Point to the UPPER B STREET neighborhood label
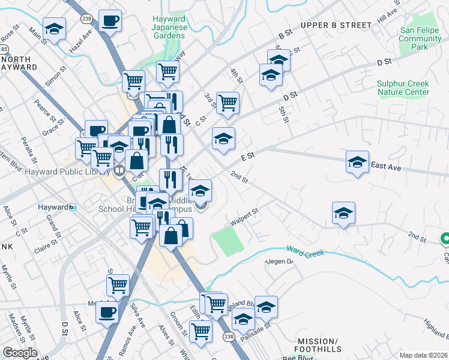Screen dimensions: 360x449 tap(337, 25)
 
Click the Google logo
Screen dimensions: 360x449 tap(20, 353)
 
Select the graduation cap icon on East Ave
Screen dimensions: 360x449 tap(357, 161)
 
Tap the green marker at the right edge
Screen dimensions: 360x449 tap(445, 239)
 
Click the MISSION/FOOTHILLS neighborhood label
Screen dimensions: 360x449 tap(318, 345)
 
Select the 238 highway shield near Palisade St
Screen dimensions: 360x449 tap(228, 337)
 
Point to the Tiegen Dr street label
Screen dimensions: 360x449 tap(280, 261)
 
